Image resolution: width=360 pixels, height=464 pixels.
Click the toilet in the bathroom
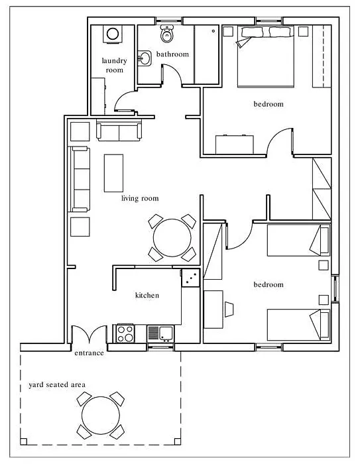[167, 33]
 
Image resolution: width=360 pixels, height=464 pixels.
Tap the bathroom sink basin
[144, 58]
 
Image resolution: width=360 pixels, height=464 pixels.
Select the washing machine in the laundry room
[113, 34]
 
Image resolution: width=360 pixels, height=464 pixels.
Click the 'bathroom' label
[172, 54]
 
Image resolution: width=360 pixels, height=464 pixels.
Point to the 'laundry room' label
[114, 66]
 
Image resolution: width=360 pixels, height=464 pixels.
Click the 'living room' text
[140, 198]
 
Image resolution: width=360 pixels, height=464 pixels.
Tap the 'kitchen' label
[147, 295]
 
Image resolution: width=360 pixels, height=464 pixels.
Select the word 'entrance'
[89, 353]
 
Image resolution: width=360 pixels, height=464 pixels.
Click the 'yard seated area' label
[57, 384]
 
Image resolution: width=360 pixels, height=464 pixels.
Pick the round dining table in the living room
[172, 237]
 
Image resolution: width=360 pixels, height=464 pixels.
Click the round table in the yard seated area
[101, 415]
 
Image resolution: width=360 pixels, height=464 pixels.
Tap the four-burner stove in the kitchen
[125, 333]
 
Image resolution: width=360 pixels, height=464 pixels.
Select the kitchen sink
[160, 333]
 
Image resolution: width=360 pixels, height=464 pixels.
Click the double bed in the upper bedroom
[266, 56]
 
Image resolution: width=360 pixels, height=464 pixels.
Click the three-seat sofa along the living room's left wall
[80, 180]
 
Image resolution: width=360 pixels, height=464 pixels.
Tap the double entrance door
[89, 334]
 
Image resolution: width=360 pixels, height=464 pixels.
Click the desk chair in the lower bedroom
[229, 310]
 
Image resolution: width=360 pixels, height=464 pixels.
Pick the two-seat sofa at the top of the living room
[119, 132]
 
